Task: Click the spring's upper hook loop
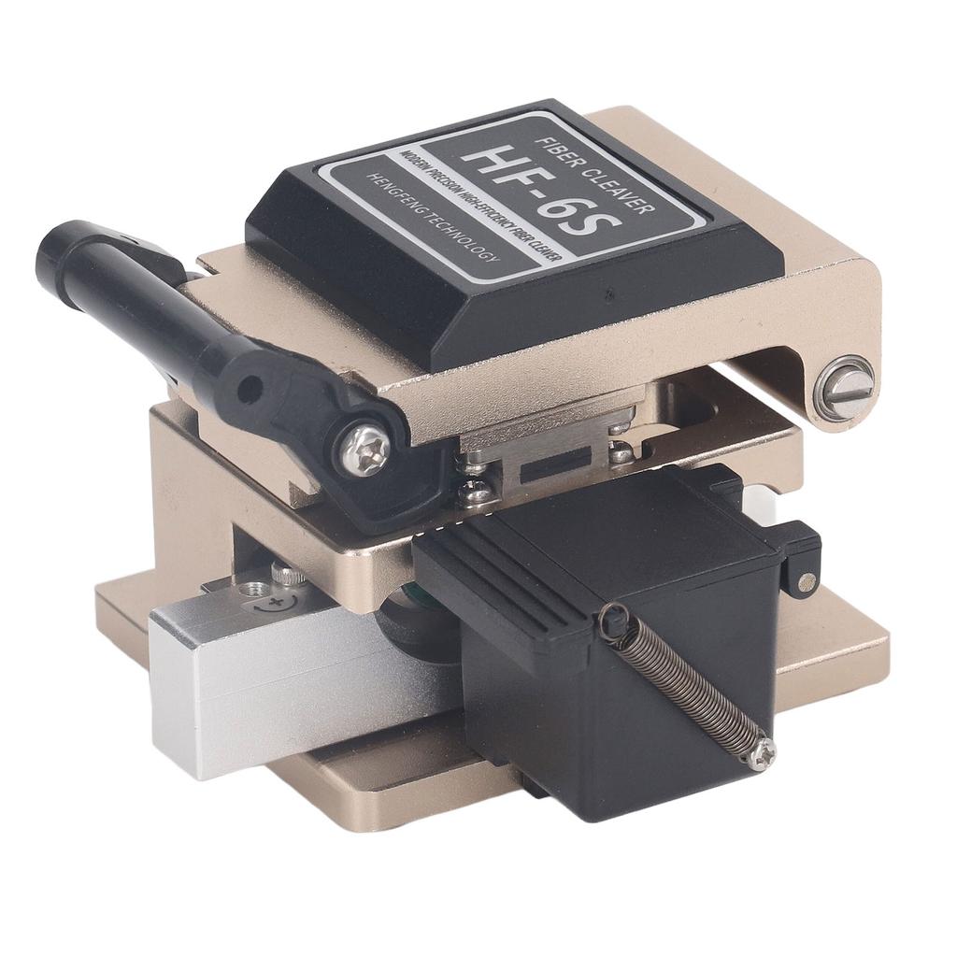click(612, 620)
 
